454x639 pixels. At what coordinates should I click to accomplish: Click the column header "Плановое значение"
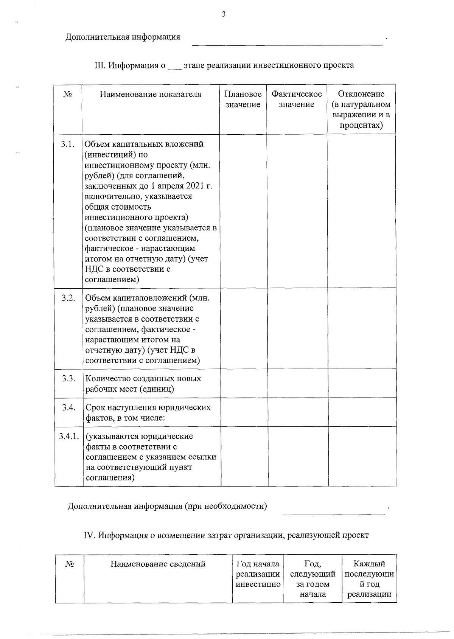point(243,99)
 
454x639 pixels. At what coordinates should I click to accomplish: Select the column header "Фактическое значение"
point(297,99)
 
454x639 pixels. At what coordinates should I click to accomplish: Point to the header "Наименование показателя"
point(151,94)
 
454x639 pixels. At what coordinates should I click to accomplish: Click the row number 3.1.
point(68,144)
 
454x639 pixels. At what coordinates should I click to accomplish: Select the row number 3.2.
point(68,298)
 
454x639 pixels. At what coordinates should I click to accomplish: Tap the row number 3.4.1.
point(69,436)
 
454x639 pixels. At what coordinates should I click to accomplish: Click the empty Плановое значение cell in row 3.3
point(244,383)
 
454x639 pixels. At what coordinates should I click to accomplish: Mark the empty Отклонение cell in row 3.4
point(362,412)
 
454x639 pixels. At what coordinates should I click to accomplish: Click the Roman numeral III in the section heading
point(100,65)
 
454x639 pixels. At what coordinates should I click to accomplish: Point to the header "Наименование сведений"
point(158,564)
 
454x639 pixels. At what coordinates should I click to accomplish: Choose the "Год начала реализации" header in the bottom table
point(258,574)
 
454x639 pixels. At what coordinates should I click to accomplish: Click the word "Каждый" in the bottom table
point(369,564)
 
